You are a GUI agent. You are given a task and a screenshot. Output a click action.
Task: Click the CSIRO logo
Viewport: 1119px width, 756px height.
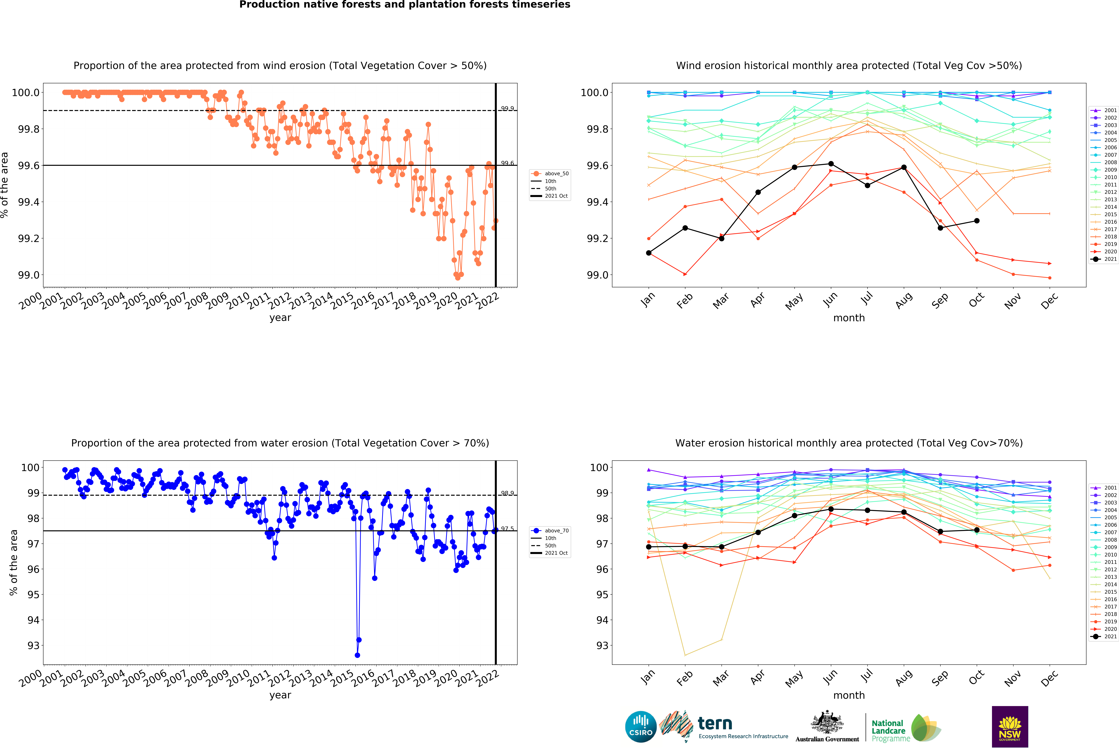click(640, 727)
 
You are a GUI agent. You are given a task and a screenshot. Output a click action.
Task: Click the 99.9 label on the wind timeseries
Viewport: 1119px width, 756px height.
click(507, 108)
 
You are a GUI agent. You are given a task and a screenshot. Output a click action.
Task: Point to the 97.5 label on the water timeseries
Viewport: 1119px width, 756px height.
click(507, 528)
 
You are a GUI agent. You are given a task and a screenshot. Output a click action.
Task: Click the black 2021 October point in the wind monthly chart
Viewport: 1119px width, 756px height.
click(976, 220)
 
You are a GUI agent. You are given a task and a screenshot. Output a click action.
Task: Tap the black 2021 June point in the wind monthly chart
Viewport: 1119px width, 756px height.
click(831, 164)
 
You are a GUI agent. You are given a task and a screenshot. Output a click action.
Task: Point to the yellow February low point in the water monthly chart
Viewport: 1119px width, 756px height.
click(685, 655)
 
